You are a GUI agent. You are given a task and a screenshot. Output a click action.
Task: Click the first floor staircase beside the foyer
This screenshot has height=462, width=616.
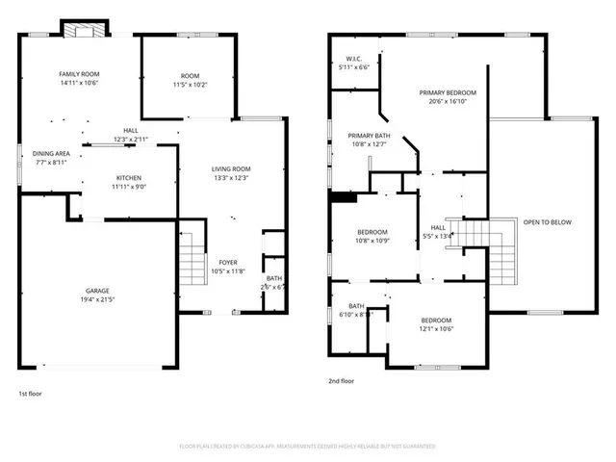[192, 261]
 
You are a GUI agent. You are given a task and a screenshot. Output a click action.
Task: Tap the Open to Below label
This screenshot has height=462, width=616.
[547, 222]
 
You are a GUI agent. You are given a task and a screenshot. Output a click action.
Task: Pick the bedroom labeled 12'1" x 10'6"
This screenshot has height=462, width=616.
[435, 324]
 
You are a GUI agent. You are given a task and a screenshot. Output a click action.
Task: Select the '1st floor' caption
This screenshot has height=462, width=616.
[30, 393]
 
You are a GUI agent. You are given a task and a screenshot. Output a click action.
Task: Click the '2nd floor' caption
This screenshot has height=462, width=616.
[342, 381]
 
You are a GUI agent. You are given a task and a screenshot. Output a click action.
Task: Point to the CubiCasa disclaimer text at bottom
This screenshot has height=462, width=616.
[308, 447]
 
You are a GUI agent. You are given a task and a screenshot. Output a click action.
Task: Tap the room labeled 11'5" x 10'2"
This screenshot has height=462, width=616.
[190, 81]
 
